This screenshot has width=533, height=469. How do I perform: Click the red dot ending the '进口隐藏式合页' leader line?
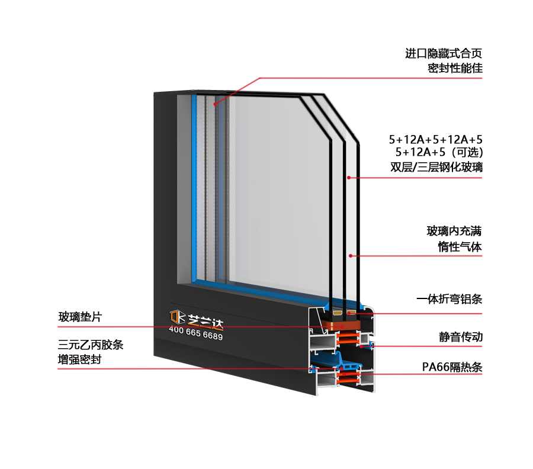click(x=215, y=104)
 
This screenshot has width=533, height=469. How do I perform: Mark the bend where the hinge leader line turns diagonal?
click(x=259, y=78)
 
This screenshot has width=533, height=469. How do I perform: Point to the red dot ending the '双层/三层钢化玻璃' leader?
click(x=349, y=178)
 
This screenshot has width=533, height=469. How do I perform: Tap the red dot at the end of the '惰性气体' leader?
click(x=351, y=256)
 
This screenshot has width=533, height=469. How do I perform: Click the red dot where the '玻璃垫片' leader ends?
click(x=342, y=327)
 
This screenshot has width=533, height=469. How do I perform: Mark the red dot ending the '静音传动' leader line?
click(x=361, y=346)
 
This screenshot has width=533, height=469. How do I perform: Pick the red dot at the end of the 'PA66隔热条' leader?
click(x=344, y=374)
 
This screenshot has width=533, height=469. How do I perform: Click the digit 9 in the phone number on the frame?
click(x=220, y=337)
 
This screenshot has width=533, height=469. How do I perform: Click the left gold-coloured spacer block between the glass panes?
click(x=338, y=312)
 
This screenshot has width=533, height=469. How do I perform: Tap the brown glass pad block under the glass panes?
click(x=341, y=325)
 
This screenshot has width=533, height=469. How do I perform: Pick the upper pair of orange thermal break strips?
click(x=348, y=339)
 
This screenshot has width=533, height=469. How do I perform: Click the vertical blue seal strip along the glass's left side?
click(x=194, y=188)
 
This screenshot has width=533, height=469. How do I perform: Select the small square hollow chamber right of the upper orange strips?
click(x=365, y=339)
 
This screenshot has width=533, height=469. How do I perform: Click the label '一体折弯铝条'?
click(x=449, y=299)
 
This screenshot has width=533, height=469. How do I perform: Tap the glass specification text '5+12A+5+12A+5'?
click(x=435, y=139)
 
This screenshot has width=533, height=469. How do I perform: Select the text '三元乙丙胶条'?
click(x=91, y=345)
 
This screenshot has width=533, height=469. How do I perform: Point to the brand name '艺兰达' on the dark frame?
click(x=206, y=322)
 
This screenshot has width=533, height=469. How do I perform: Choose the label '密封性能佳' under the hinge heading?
click(x=455, y=68)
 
